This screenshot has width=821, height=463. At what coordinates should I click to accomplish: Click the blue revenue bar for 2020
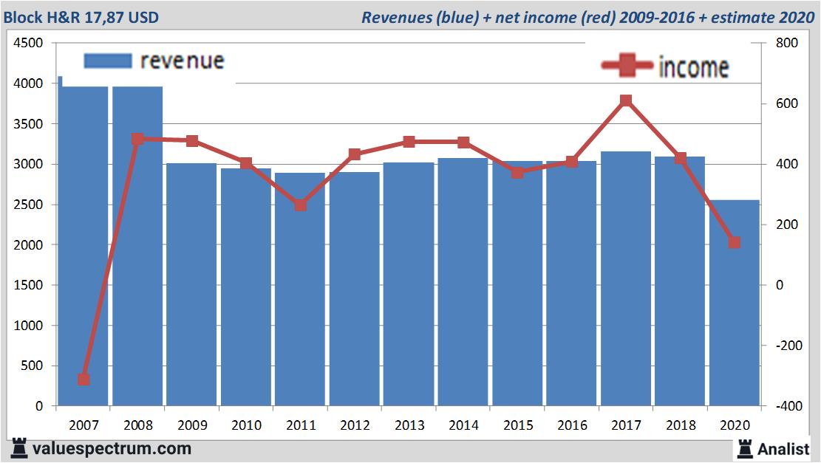pyautogui.click(x=734, y=303)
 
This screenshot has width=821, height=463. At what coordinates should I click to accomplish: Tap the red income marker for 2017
pyautogui.click(x=626, y=100)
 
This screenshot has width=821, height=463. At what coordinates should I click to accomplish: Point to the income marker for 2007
pyautogui.click(x=84, y=380)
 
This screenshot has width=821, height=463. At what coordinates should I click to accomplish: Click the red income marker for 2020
pyautogui.click(x=734, y=242)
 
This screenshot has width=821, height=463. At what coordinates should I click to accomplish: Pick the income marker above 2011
pyautogui.click(x=300, y=205)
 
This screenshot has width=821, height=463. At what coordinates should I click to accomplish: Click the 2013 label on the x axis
pyautogui.click(x=409, y=426)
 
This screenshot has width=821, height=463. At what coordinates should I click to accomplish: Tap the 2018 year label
pyautogui.click(x=680, y=426)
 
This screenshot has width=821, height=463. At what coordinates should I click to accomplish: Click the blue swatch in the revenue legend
pyautogui.click(x=107, y=61)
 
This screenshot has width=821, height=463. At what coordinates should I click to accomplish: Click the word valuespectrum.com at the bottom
pyautogui.click(x=112, y=448)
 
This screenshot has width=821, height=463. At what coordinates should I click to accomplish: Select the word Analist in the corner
pyautogui.click(x=783, y=448)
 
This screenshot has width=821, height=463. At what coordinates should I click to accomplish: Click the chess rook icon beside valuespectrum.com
pyautogui.click(x=20, y=447)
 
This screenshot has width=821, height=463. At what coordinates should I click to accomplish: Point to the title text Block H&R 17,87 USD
pyautogui.click(x=81, y=17)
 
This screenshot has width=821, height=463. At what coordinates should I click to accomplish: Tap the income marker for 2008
pyautogui.click(x=137, y=139)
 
